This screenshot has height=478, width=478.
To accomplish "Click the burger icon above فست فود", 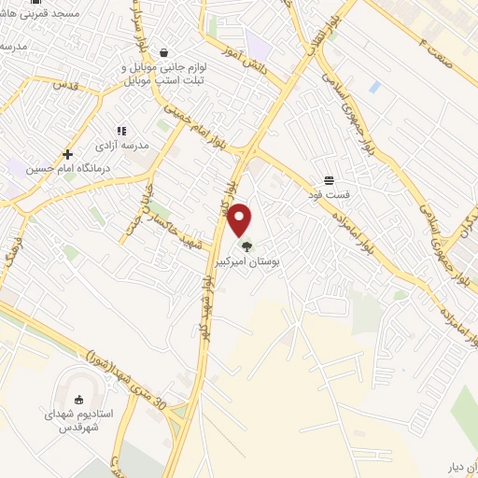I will point(329,180).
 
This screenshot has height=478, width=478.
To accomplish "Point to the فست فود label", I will point(329,196).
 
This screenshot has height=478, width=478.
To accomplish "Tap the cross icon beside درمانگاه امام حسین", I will point(67,154).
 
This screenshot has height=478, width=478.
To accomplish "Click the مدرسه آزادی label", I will point(116,146).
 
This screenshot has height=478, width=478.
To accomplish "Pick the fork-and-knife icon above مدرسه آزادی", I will point(120,131).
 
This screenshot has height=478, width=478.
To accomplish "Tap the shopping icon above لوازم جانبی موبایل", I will point(164,53).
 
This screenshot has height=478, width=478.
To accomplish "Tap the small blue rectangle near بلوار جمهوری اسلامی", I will point(374,87).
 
